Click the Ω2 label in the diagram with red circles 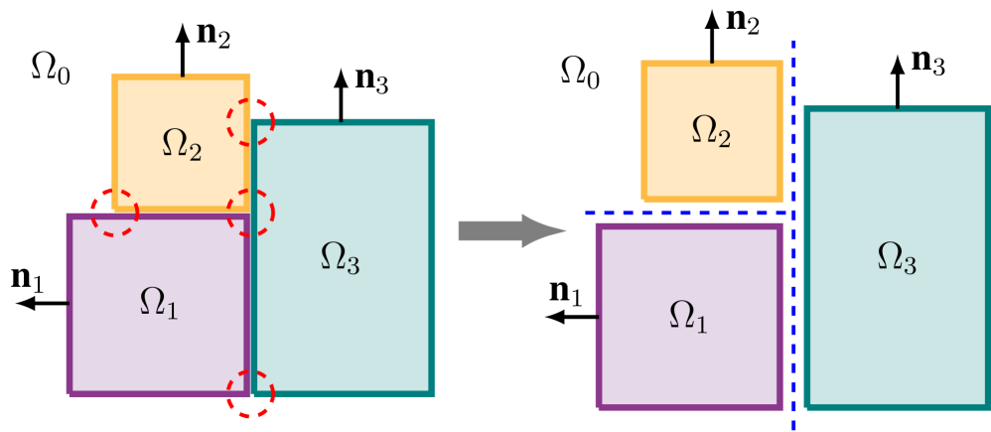point(181,145)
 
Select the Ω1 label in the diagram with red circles point(159,304)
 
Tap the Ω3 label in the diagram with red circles point(340,257)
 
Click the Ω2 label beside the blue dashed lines point(711,131)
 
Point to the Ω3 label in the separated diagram point(896,257)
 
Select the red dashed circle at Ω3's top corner point(250,121)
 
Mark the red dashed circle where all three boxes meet point(250,213)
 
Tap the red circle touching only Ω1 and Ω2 point(114,212)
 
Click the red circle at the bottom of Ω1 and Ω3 point(250,393)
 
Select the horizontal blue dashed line point(685,213)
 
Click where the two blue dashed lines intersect point(792,213)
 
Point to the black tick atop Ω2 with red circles point(182,73)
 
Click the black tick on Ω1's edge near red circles point(67,302)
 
